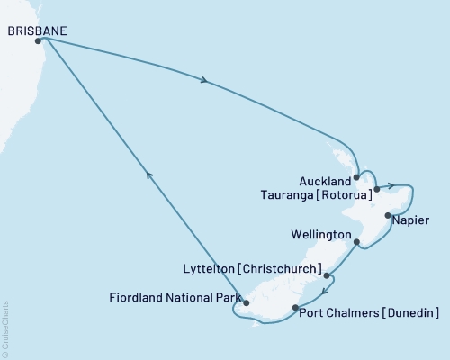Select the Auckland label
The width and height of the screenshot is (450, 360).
tap(325, 180)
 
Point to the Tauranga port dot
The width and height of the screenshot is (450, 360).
tap(376, 189)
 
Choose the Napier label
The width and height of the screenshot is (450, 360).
tap(411, 220)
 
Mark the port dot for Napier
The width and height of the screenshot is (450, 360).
tap(387, 216)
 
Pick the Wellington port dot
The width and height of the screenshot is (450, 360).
tap(357, 242)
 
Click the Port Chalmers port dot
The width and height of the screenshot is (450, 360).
tap(295, 309)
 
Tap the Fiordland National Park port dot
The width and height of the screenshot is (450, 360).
tap(246, 303)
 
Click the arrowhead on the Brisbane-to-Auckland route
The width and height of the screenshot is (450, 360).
tap(206, 83)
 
